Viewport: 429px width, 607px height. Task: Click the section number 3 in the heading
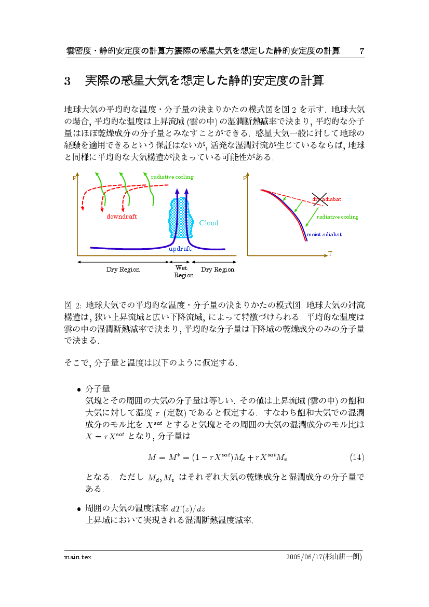pos(67,82)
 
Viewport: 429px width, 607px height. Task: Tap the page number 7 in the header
pos(361,51)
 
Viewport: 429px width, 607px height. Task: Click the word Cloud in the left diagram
pos(209,223)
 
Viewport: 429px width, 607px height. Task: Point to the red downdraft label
pos(122,217)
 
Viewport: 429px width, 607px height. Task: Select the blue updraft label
pos(180,249)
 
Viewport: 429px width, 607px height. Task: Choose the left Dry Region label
pos(123,269)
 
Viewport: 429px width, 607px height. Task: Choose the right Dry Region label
pos(218,269)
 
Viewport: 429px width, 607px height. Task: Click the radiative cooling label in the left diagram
pos(172,177)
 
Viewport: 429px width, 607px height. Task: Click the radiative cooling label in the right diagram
pos(337,217)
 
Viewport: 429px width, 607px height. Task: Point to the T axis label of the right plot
pos(330,254)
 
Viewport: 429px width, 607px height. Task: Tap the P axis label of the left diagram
pos(75,179)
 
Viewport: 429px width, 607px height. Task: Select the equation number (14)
pos(357,457)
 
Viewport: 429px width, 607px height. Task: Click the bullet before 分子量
pos(79,389)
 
